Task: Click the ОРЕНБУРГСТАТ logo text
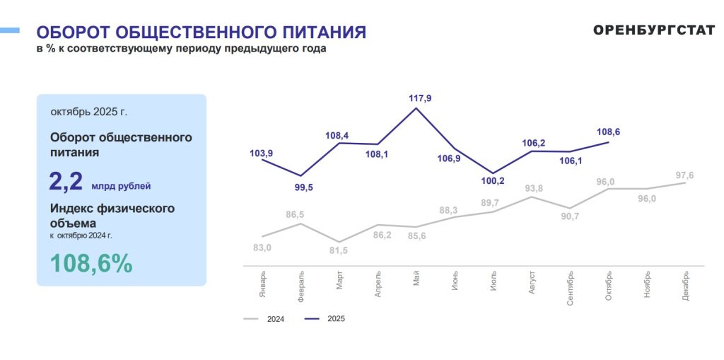654,31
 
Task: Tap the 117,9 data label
420,98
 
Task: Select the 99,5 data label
301,188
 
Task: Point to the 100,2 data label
494,181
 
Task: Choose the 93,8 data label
534,188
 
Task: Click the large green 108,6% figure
91,263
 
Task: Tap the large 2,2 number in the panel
66,181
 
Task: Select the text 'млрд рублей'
121,187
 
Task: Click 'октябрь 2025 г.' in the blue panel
89,112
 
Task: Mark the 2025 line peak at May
416,108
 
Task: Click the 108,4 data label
341,134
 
